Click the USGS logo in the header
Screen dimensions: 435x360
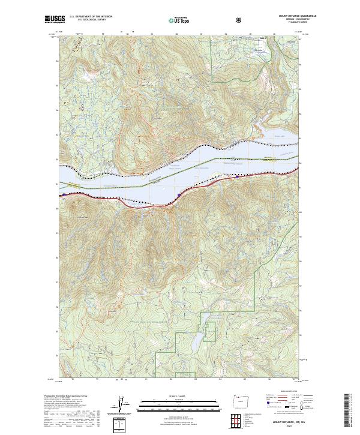(55, 19)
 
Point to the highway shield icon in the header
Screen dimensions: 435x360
(239, 20)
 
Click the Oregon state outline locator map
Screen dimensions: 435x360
(241, 401)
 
